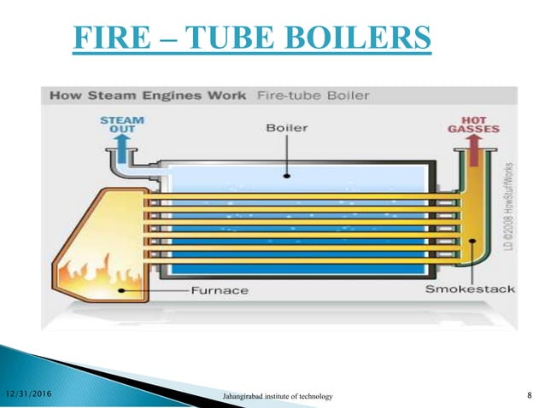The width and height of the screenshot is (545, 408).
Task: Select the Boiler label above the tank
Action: tap(287, 129)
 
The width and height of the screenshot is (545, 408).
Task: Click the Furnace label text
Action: tap(220, 290)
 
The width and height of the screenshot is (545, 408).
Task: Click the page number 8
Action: tap(530, 393)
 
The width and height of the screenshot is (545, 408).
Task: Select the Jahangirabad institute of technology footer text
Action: tap(278, 396)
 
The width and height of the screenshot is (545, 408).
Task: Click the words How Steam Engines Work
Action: tap(148, 96)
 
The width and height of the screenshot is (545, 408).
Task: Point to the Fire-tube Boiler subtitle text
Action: tap(313, 96)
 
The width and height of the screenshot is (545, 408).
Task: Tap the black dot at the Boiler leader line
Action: tap(287, 176)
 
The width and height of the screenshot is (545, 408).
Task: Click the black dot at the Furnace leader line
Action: tap(125, 289)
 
